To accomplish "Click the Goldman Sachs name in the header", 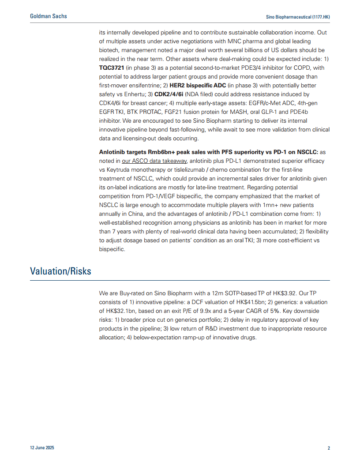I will [49, 16].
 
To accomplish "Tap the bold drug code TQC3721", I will [111, 68].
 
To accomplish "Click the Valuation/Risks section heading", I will [60, 271].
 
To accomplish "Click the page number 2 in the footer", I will [328, 448].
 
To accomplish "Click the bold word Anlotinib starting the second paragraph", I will [113, 152].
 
